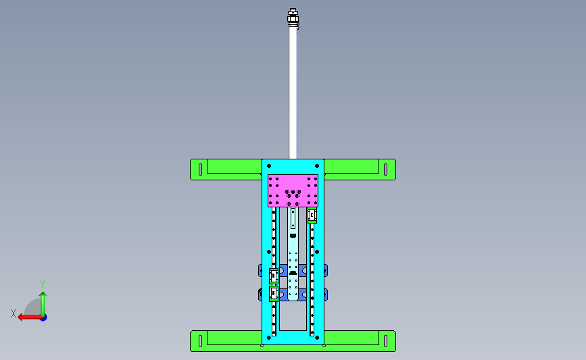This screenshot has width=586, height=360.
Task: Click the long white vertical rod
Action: (x=293, y=93)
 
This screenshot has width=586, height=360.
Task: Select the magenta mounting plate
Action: (x=293, y=190)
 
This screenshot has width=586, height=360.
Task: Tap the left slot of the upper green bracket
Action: (x=200, y=170)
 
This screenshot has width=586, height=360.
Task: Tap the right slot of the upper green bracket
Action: (x=386, y=170)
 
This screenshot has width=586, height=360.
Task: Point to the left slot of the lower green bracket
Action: (x=200, y=341)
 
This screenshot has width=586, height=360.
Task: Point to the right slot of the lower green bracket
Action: (x=386, y=341)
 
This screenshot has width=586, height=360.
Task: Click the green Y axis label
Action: (x=43, y=284)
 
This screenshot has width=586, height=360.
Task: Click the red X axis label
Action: (x=14, y=313)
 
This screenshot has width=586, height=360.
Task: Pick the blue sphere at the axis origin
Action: (x=44, y=318)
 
